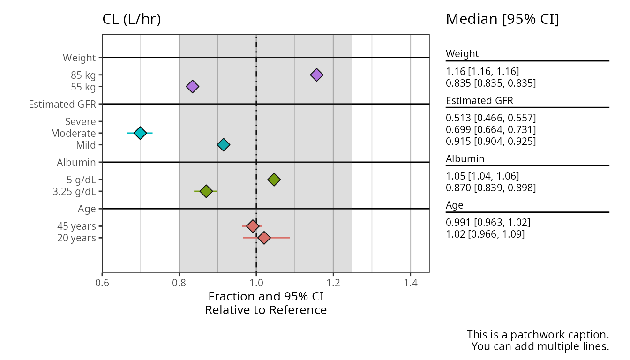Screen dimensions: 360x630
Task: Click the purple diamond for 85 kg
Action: point(317,75)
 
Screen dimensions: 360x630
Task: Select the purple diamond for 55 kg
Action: point(192,86)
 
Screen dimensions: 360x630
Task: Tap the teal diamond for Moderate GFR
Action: point(140,133)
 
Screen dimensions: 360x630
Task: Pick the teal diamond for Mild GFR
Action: point(224,145)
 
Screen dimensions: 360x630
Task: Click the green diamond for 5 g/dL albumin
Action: point(274,180)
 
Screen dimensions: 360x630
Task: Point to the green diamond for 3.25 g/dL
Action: point(205,191)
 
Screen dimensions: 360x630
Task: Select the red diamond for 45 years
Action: point(253,226)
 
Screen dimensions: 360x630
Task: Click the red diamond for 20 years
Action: point(264,238)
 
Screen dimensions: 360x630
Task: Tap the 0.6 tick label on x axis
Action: point(102,283)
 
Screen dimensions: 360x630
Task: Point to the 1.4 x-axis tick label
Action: point(410,283)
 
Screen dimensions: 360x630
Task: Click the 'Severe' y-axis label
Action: point(81,122)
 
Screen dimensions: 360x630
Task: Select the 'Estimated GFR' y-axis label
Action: point(62,104)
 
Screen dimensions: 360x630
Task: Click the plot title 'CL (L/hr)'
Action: point(132,20)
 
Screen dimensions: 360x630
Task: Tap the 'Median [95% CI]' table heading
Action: point(502,20)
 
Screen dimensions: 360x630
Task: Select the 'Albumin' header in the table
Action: point(465,158)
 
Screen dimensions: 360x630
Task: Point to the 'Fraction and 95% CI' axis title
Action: point(266,297)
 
